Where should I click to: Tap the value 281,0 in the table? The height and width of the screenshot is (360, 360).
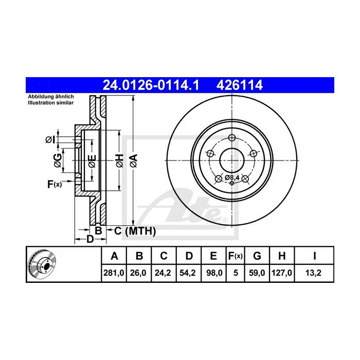click(114, 274)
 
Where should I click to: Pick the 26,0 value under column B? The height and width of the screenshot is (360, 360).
click(138, 274)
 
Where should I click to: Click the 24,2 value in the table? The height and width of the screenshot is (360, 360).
click(163, 274)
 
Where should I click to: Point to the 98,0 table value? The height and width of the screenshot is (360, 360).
click(212, 274)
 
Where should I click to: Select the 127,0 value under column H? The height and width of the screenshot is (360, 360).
click(281, 274)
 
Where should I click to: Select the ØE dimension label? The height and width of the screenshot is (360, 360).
click(92, 161)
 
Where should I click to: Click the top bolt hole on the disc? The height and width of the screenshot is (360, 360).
click(232, 138)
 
